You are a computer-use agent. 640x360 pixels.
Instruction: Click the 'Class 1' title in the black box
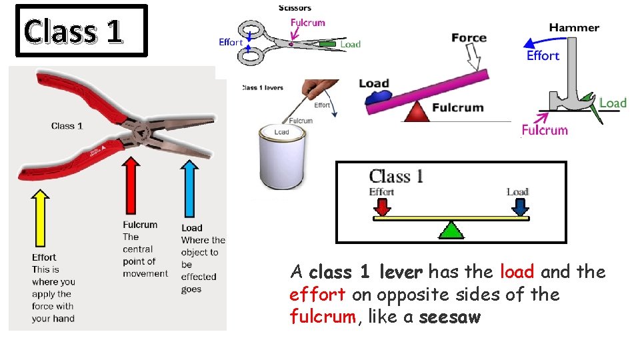coord(73,31)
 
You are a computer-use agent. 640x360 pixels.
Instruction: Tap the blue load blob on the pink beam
coord(379,97)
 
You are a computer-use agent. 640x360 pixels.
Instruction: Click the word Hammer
coord(574,28)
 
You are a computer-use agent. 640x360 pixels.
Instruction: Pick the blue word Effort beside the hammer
coord(543,56)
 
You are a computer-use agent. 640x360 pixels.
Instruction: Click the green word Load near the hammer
coord(613,103)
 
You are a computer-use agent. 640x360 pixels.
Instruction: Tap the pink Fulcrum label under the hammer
coord(545,130)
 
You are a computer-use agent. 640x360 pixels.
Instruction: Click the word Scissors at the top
coord(294,8)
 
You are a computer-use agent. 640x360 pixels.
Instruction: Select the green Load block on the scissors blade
coord(327,44)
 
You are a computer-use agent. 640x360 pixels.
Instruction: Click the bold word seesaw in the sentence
coord(450,317)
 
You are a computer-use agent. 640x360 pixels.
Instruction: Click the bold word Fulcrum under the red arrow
coord(140,225)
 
